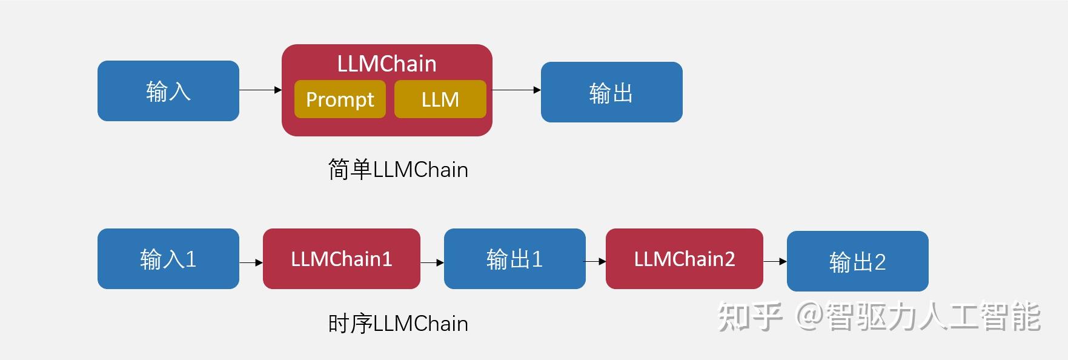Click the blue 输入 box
pos(168,91)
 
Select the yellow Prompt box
pos(340,99)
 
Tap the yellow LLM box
pos(440,99)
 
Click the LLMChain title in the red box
pos(386,64)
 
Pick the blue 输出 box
pos(611,92)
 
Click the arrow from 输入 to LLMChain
pos(260,90)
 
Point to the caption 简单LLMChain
pos(398,170)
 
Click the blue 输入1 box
pos(168,259)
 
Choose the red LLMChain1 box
pos(341,259)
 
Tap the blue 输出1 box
pos(514,259)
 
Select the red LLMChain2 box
pos(684,259)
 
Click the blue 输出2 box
pos(857,261)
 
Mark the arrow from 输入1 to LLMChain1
pos(251,262)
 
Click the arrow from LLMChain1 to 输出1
pos(432,262)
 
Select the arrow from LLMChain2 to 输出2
pos(775,261)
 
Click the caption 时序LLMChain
pos(398,324)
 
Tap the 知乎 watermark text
pos(749,316)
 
